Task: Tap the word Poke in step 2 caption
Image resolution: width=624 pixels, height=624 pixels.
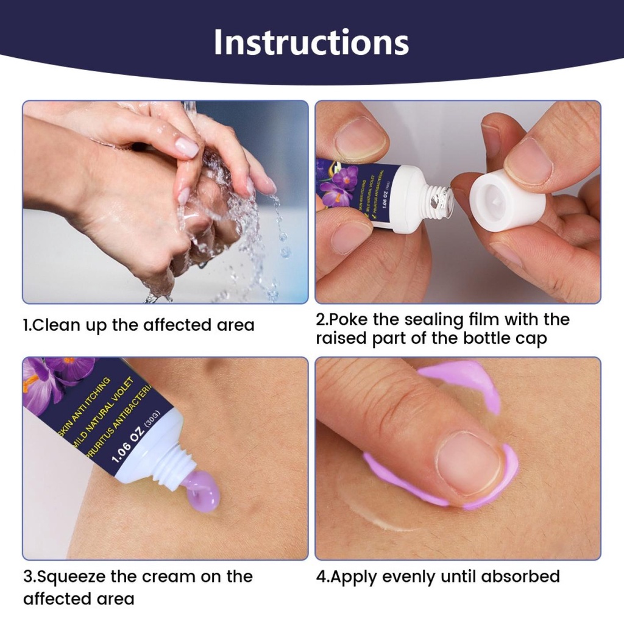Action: pos(350,319)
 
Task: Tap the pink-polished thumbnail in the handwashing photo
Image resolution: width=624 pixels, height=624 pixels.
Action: pos(187,147)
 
